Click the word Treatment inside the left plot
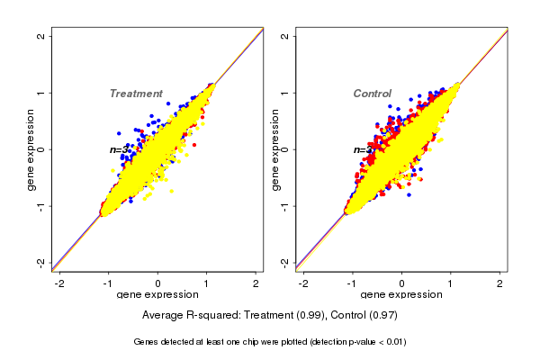pos(136,94)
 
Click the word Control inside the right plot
pos(372,94)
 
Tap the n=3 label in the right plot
pos(363,149)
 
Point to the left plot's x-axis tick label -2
pos(59,283)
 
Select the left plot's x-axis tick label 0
pos(158,283)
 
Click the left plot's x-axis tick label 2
pos(256,283)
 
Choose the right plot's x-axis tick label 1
pos(451,283)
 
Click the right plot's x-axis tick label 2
pos(500,283)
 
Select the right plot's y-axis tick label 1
pos(285,93)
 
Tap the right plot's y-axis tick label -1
pos(285,205)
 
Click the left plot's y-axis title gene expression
pos(31,149)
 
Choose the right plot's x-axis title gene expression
pos(402,295)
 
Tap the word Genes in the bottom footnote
pos(148,342)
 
